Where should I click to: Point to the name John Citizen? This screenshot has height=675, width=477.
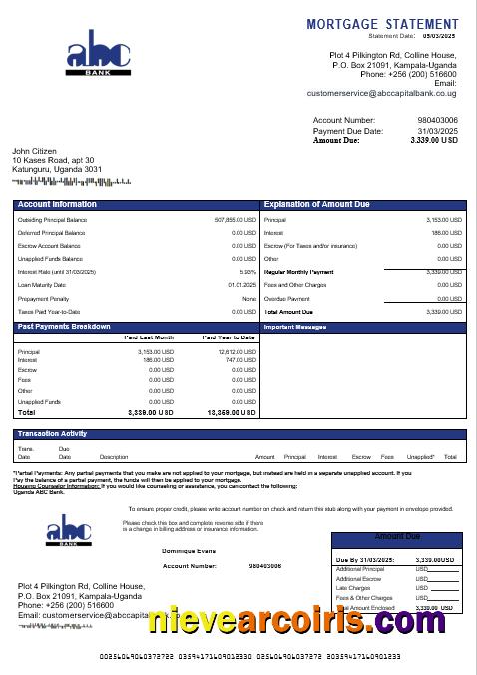(35, 151)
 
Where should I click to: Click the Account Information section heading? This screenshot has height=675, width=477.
(57, 204)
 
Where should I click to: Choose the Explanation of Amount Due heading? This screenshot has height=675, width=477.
(316, 204)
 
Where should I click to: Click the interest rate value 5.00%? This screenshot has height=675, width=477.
(248, 272)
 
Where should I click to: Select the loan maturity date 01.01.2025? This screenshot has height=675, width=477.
(241, 285)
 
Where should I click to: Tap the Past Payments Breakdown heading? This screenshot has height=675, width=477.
(64, 327)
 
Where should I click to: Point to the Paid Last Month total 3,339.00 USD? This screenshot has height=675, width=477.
(151, 412)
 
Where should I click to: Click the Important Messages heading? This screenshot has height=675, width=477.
(294, 327)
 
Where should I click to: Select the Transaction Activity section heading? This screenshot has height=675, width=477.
(52, 433)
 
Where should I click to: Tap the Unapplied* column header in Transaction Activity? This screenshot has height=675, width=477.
(421, 456)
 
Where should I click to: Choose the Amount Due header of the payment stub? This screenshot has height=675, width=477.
(397, 537)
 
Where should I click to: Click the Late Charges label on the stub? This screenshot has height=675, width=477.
(352, 588)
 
